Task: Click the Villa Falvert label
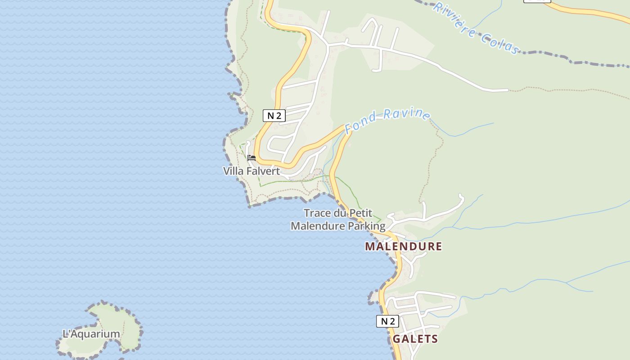pos(252,171)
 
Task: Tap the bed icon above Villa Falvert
pos(252,158)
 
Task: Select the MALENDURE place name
pos(403,246)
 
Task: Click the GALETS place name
pos(415,339)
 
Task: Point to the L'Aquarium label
pos(91,334)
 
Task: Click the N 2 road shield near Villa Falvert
pos(274,116)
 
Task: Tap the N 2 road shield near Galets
pos(387,321)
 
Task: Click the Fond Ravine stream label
pos(387,120)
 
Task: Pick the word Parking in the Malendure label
pos(368,226)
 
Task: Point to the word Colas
pos(499,42)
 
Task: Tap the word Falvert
pos(263,171)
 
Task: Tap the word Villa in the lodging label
pos(233,171)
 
